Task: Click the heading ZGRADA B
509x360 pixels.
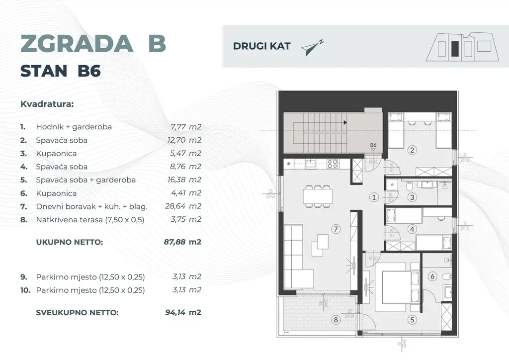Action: (x=93, y=44)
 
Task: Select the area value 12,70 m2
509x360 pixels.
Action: (x=184, y=140)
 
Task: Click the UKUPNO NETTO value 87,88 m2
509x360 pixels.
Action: (x=182, y=243)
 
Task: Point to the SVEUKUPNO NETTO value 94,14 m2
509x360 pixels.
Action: (x=182, y=313)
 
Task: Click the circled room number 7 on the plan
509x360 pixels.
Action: (x=337, y=229)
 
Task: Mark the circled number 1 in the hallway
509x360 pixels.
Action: (x=374, y=197)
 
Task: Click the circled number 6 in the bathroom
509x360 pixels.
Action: (x=432, y=276)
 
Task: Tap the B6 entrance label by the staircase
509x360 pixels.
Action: (x=374, y=146)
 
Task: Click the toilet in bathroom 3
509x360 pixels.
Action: (x=409, y=187)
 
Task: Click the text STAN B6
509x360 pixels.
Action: (x=60, y=71)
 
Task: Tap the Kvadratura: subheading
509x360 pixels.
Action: (x=47, y=105)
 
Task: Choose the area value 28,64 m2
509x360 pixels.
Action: (x=184, y=206)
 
